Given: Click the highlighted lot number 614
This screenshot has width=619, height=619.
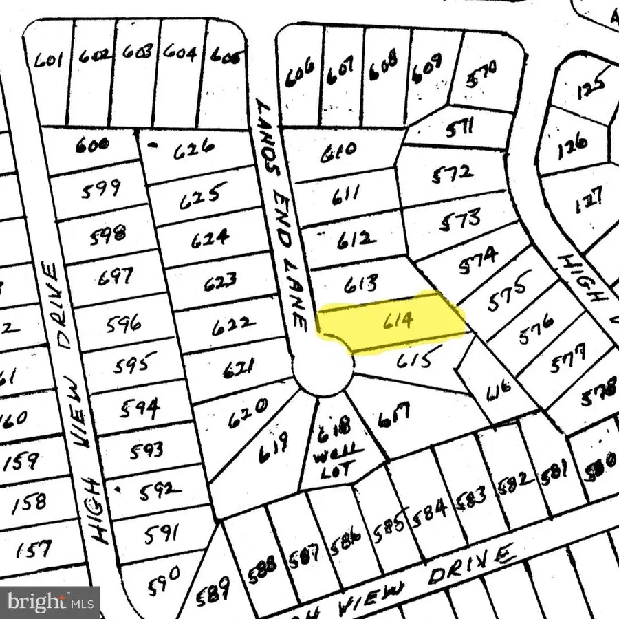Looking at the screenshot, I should point(400,321).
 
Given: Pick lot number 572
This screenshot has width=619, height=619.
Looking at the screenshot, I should point(453,173).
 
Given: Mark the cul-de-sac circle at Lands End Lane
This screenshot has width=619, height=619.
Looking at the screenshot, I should point(324,371).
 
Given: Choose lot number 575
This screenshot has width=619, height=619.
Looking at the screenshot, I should point(510,292).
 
